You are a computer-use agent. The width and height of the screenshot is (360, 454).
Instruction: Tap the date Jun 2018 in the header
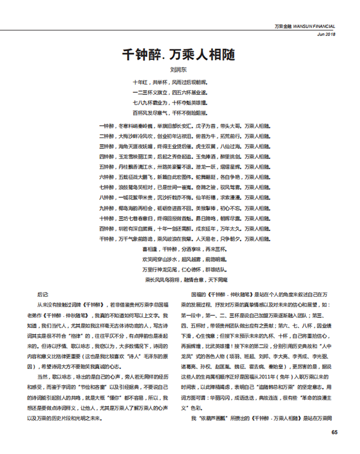click(324, 34)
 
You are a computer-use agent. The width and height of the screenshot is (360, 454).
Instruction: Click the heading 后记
click(42, 295)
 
